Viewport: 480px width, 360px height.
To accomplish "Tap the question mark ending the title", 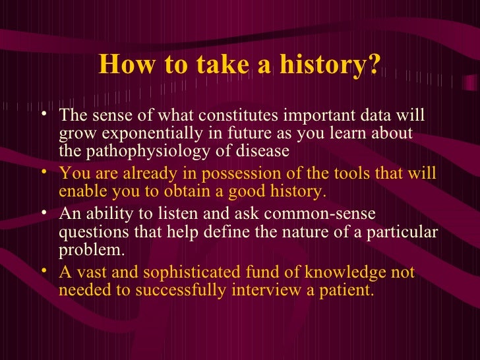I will click(x=374, y=65).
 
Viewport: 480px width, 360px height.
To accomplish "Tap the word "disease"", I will click(x=264, y=151).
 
